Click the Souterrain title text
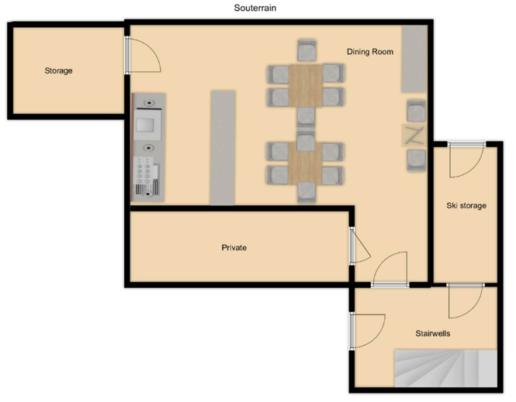click(255, 8)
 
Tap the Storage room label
click(58, 70)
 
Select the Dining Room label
click(370, 52)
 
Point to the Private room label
click(234, 247)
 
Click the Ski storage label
click(466, 205)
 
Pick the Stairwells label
click(433, 333)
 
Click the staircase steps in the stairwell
click(446, 368)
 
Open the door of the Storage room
click(143, 54)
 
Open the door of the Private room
click(359, 246)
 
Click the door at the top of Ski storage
click(466, 160)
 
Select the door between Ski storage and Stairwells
click(465, 301)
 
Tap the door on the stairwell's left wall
click(367, 331)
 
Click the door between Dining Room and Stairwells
click(390, 270)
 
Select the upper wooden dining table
click(306, 86)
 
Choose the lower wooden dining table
click(305, 163)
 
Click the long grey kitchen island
click(223, 148)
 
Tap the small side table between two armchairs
click(414, 136)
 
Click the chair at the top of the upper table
click(306, 50)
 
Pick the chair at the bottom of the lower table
click(306, 192)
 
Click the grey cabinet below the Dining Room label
click(414, 59)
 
